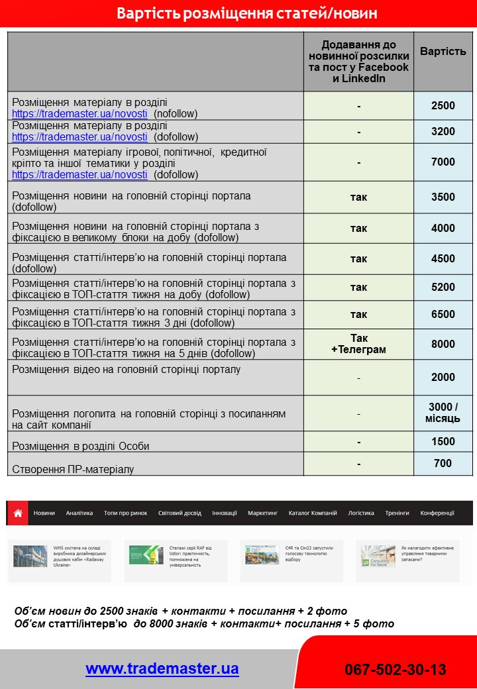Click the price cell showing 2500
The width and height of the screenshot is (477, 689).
point(443,105)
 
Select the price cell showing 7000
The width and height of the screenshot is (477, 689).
point(443,162)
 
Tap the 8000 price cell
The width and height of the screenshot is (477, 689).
point(443,344)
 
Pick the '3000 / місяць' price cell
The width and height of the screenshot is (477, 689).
point(443,413)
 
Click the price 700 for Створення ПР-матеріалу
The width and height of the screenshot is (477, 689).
point(443,464)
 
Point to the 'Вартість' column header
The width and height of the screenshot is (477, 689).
point(443,51)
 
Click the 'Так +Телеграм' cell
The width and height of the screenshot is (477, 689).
point(358,344)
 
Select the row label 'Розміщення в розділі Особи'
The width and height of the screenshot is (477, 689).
point(81,446)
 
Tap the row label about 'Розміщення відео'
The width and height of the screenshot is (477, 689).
point(127,369)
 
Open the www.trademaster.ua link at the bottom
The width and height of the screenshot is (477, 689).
point(162,668)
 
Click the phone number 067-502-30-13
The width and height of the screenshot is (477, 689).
point(395,670)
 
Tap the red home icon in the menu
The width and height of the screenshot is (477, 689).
point(18,513)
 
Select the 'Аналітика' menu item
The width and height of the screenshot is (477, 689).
point(79,513)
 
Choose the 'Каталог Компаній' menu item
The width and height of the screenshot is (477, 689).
point(313,513)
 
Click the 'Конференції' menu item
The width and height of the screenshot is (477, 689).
point(437,513)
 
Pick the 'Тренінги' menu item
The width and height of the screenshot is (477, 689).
point(397,513)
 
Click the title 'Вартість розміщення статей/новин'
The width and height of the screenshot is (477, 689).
point(238,14)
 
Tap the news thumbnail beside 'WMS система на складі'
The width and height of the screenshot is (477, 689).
point(30,556)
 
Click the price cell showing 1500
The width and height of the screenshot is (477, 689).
point(443,441)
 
